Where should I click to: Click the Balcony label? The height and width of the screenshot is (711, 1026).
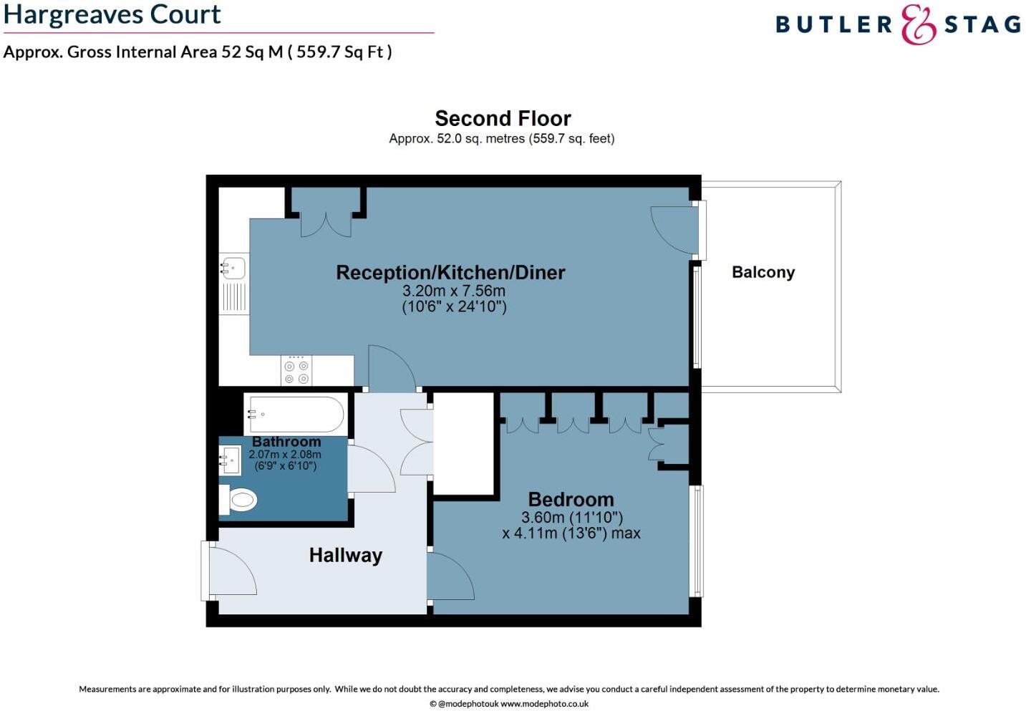(763, 272)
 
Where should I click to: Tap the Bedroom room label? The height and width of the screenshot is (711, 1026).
(571, 499)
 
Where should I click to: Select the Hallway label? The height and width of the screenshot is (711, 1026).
(345, 555)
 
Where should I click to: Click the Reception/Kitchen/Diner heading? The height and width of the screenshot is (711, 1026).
(450, 272)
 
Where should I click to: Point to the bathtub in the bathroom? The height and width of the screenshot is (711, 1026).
(294, 415)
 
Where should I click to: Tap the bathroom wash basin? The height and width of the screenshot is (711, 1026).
(231, 460)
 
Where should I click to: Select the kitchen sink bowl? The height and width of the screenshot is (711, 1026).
(233, 269)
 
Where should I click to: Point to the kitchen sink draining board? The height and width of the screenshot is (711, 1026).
(233, 297)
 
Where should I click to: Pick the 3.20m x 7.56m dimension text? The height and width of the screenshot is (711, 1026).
(454, 291)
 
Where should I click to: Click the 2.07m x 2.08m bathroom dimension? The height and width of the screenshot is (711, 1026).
(285, 454)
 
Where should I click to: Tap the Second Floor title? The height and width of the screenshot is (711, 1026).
(503, 118)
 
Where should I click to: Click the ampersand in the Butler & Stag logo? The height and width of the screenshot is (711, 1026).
(919, 25)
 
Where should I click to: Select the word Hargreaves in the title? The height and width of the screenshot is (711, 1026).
(64, 14)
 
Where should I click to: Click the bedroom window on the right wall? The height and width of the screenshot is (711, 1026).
(697, 541)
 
